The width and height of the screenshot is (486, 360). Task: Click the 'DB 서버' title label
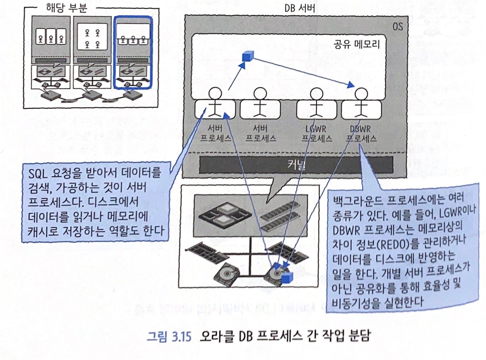(299, 8)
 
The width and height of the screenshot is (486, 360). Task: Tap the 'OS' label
(397, 27)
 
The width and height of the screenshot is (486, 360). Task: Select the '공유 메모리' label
(357, 44)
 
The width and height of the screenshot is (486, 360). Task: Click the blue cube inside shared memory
(248, 56)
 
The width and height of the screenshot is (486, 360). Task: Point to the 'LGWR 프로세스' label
(316, 134)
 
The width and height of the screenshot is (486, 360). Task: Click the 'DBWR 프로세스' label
(361, 134)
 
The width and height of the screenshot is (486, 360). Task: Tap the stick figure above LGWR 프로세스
(316, 103)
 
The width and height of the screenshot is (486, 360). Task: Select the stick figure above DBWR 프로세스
(361, 103)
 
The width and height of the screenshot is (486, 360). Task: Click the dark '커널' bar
(296, 165)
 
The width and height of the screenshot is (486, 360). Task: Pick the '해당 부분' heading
(66, 8)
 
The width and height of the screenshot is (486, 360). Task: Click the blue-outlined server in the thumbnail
(133, 53)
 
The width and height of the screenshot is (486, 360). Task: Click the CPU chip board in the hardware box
(225, 214)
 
